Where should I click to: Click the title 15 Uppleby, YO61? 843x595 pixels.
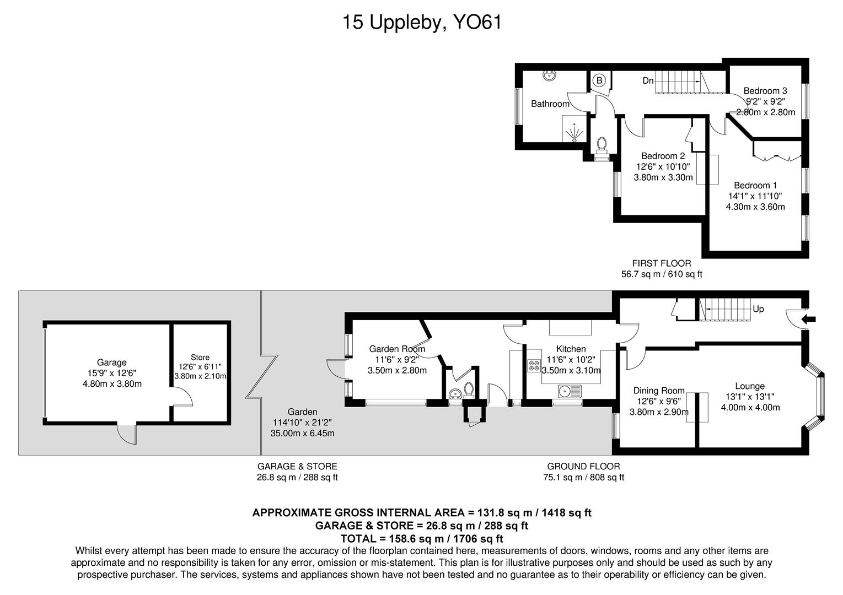click(x=422, y=23)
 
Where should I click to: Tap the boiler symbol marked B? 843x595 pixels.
click(x=598, y=80)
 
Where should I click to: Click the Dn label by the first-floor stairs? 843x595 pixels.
click(x=648, y=81)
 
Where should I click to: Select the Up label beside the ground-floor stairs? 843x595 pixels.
click(x=758, y=309)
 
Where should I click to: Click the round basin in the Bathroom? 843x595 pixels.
click(x=549, y=76)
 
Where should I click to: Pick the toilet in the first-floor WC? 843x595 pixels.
click(x=602, y=145)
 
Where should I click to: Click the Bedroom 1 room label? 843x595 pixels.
click(x=755, y=186)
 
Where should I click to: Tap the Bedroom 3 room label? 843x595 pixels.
click(x=765, y=91)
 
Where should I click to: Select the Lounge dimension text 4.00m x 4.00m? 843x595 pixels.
click(x=750, y=408)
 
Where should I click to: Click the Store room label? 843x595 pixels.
click(x=200, y=358)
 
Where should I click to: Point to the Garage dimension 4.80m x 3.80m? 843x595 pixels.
click(x=112, y=383)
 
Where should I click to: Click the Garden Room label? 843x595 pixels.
click(x=397, y=349)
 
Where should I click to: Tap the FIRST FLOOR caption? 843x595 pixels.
click(x=661, y=263)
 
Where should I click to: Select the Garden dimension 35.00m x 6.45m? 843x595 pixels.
click(x=302, y=433)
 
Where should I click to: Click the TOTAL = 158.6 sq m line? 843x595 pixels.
click(x=421, y=538)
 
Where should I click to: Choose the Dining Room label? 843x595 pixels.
click(x=659, y=391)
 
